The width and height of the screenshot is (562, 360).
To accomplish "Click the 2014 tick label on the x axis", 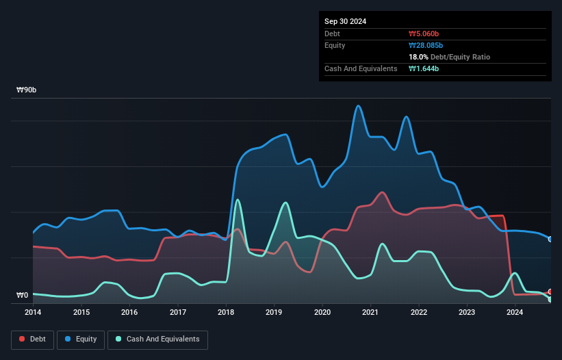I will point(33,313).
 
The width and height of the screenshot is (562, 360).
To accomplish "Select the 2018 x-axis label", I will point(226,313).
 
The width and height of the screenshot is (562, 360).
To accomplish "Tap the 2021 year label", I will point(370,313).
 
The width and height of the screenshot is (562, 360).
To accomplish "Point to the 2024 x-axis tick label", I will point(515,313).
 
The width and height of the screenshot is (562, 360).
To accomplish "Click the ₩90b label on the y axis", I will point(27,90).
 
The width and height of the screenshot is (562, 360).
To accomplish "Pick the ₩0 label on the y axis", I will point(23,296).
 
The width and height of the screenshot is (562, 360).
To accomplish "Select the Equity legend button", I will point(81,339).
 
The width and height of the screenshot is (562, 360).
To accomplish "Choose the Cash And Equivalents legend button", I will point(158,339).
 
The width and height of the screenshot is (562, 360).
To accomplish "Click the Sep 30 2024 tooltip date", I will point(346,21).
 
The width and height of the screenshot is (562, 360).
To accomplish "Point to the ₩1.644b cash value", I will point(424,68).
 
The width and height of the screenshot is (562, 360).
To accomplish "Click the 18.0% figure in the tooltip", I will point(418,57).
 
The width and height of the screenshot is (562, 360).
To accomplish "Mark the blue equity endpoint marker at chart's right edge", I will point(550,239).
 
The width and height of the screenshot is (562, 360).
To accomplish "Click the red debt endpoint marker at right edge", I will point(550,292).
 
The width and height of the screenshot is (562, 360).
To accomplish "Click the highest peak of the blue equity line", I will point(357,106).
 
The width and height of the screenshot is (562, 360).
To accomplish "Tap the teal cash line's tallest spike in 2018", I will point(238,200).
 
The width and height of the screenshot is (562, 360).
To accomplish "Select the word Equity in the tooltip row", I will point(335,45).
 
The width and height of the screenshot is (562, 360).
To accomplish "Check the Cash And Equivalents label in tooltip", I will point(361,68).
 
